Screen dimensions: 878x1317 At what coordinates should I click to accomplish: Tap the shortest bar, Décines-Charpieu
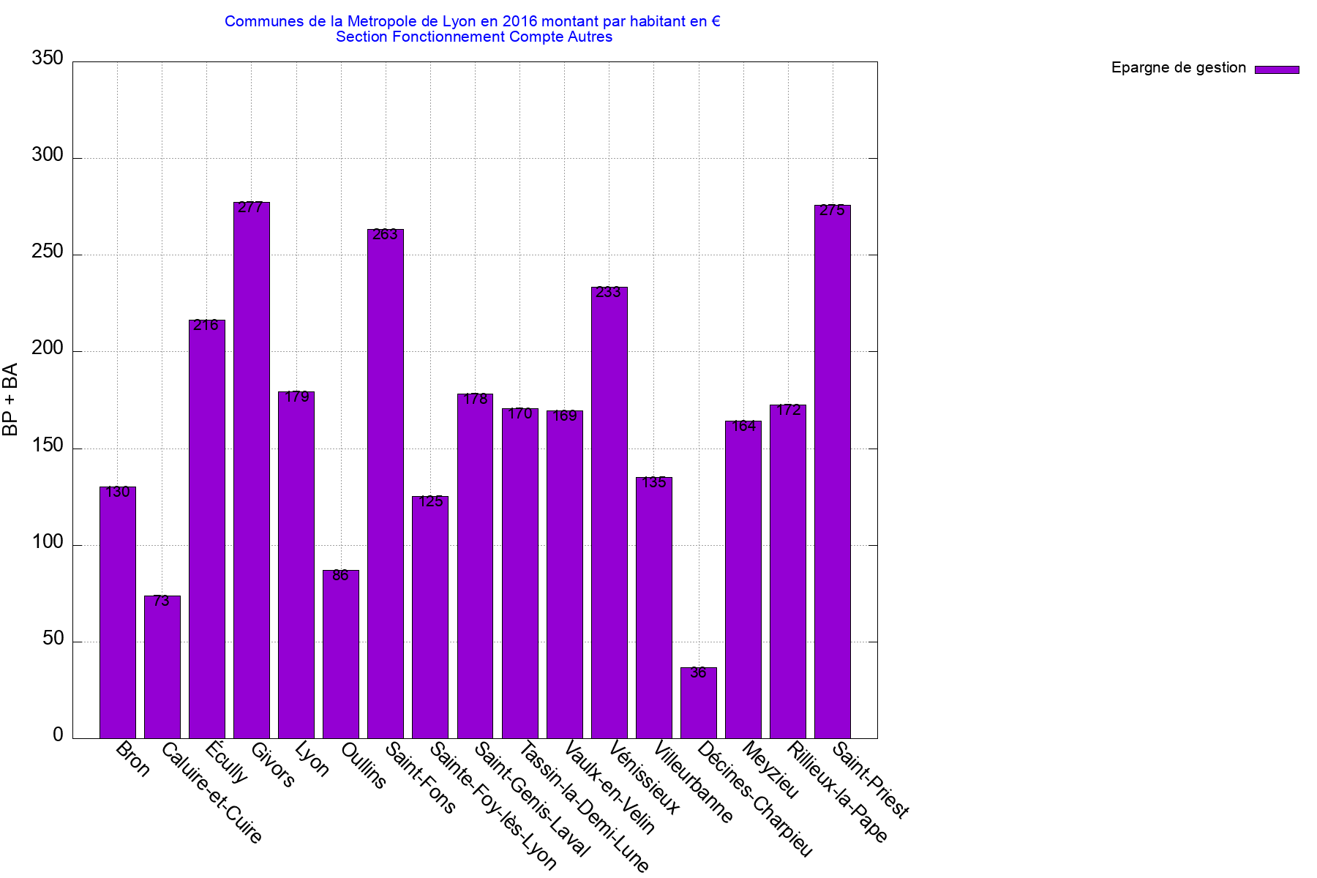click(x=699, y=702)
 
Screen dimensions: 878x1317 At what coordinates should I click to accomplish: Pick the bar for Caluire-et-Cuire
click(x=162, y=667)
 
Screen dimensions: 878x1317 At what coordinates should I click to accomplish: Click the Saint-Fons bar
click(x=386, y=484)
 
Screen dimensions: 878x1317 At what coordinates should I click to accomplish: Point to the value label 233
click(x=609, y=293)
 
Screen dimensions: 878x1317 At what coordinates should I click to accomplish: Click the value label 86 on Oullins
click(x=341, y=576)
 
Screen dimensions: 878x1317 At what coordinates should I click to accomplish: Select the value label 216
click(x=206, y=326)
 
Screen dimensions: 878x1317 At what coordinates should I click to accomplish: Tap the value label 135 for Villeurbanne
click(x=654, y=483)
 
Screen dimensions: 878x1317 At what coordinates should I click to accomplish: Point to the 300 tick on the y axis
click(x=48, y=155)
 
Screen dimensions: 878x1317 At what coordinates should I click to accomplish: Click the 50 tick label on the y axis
click(x=53, y=639)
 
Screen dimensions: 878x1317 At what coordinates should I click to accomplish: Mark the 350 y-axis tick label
click(x=48, y=59)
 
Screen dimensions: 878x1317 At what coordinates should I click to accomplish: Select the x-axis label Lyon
click(x=312, y=759)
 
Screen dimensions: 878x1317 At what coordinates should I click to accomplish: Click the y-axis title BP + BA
click(x=10, y=399)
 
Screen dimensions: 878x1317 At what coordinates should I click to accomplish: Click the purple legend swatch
click(x=1277, y=70)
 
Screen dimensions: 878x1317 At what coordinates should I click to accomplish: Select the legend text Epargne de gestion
click(x=1178, y=68)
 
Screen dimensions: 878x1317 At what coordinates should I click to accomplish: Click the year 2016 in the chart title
click(x=519, y=21)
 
